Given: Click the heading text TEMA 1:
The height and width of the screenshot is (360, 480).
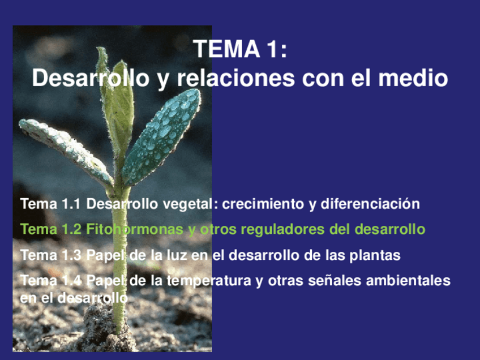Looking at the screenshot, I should (241, 50).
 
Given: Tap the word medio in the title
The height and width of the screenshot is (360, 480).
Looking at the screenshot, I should (413, 78).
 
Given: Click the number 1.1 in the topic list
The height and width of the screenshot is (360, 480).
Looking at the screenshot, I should (70, 204).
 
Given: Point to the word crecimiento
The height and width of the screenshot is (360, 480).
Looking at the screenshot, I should (262, 204).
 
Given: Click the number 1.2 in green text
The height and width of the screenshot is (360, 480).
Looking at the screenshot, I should (70, 230).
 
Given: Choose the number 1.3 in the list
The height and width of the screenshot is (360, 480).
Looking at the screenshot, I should (70, 255).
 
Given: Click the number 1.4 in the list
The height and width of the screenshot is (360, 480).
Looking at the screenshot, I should (70, 281).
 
